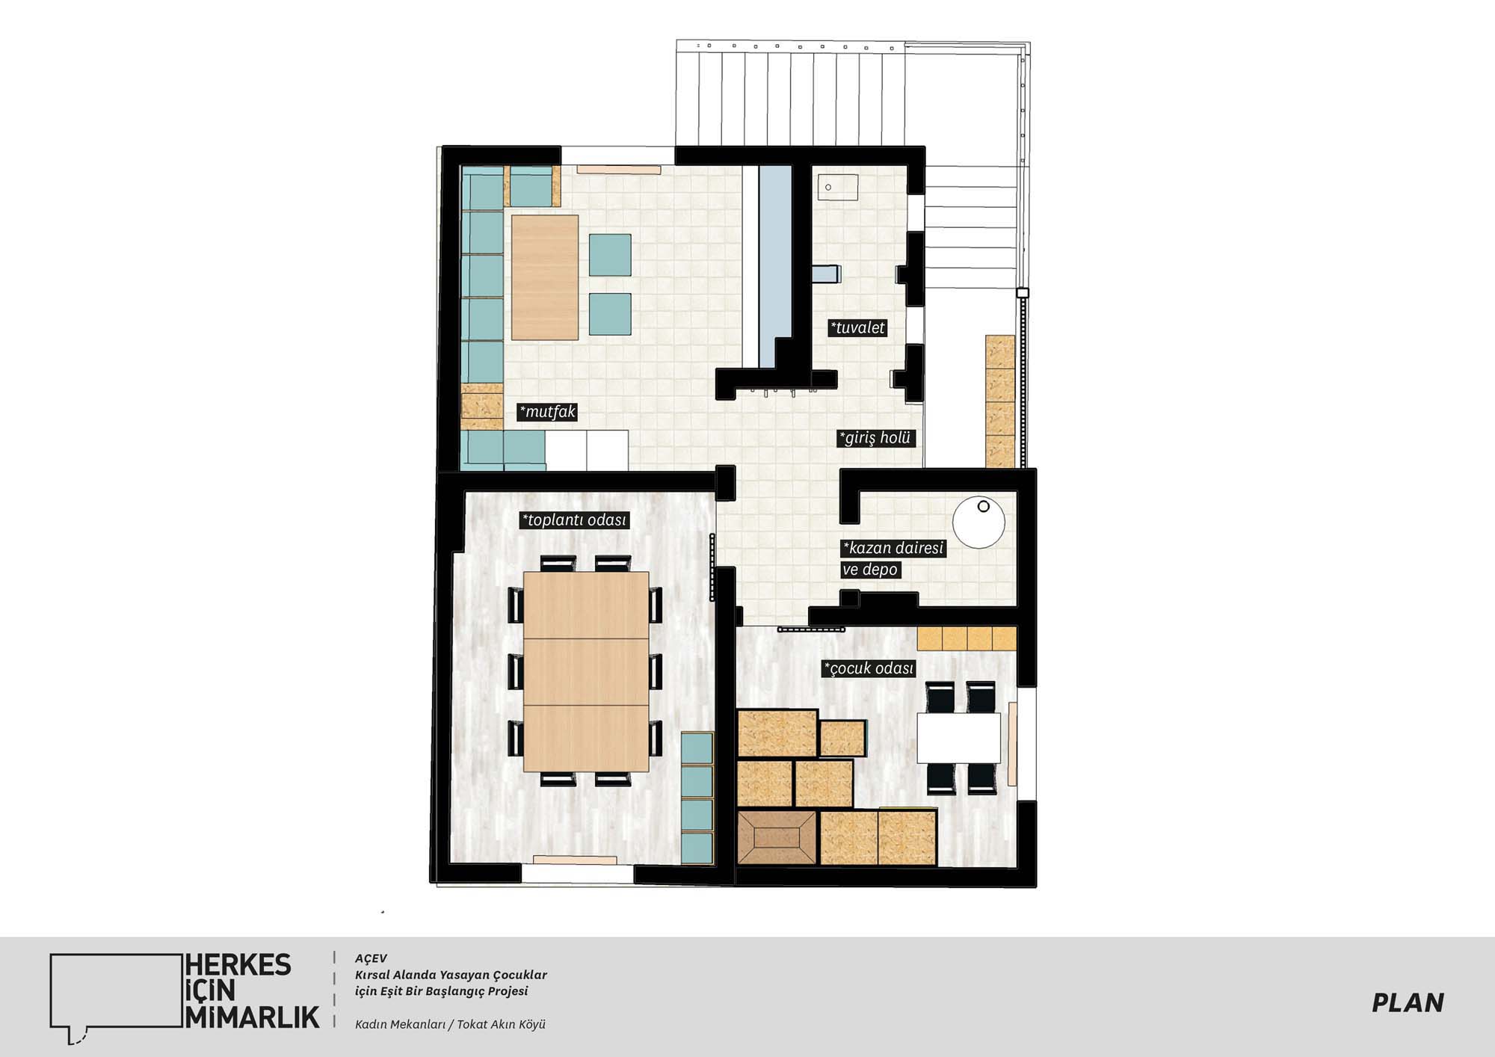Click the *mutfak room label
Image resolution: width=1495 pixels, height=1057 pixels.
point(548,412)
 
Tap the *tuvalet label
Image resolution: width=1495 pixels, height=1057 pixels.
point(857,327)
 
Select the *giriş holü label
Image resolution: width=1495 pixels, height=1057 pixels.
point(875,438)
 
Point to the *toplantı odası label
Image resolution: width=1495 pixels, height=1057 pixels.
point(574,520)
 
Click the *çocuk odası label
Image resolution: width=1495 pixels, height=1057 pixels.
point(869,668)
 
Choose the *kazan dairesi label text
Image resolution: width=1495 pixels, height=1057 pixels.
point(893,548)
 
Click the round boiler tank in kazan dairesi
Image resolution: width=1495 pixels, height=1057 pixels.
point(978,522)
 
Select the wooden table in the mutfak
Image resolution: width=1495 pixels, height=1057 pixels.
point(545,277)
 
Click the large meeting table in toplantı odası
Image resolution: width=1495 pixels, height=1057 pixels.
point(586,671)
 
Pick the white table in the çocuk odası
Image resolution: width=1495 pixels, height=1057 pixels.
point(959,738)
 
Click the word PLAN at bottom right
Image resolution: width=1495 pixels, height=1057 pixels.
point(1408,1002)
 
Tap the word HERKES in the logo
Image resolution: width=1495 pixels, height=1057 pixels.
point(238,965)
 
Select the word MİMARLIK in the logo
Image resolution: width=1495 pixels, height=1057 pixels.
point(252,1017)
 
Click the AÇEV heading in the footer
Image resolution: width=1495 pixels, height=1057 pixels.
point(372,958)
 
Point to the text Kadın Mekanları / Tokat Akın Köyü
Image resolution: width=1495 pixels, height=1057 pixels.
point(450,1024)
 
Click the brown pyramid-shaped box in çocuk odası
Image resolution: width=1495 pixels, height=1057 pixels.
point(777,838)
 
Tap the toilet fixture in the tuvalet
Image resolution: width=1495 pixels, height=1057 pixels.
point(827,274)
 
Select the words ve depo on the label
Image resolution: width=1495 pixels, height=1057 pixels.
point(870,570)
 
